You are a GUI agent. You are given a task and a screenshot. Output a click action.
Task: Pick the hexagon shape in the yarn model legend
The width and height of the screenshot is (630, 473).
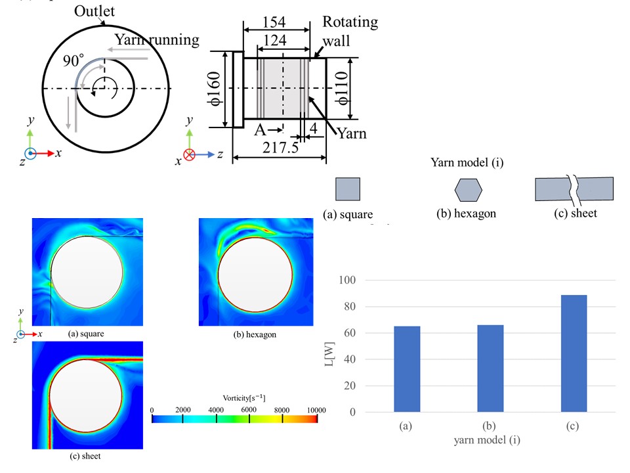coord(468,189)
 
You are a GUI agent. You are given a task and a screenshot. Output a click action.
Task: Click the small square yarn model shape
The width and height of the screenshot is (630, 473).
coord(348,189)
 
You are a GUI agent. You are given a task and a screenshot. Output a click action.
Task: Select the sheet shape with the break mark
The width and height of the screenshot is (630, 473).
coord(574,189)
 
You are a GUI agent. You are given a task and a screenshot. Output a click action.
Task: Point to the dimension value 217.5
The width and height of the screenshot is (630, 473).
coord(279,148)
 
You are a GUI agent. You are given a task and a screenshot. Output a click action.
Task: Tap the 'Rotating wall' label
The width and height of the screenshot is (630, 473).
coord(350,31)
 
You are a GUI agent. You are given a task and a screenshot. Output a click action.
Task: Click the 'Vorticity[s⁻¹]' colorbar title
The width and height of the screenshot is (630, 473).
coord(234,397)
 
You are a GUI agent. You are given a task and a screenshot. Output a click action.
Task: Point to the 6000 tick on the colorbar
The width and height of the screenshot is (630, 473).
coord(249,410)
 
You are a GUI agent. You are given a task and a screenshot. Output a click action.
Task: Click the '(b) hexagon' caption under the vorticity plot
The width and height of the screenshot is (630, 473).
coord(255,334)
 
